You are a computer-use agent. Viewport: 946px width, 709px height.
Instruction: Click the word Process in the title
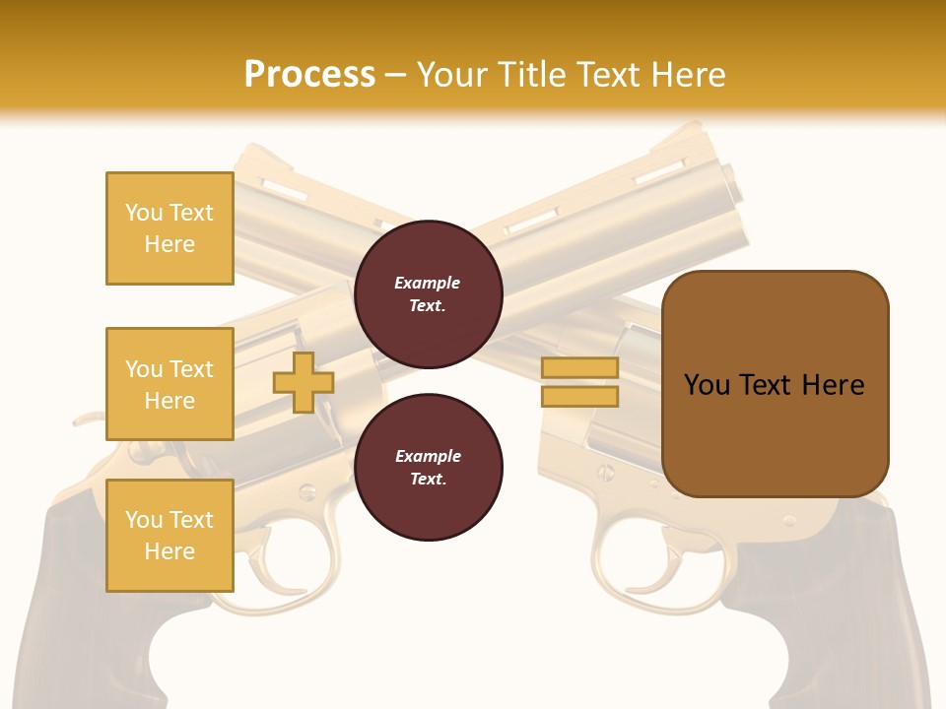coord(309,74)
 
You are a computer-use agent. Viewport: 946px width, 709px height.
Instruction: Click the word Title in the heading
coord(536,74)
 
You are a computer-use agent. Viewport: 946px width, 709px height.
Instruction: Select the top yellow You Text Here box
coord(169,228)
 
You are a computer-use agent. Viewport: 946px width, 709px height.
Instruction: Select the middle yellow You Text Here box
coord(169,384)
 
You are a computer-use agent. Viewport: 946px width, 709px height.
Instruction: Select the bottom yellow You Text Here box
coord(169,536)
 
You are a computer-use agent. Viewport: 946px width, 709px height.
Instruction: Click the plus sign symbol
coord(304,382)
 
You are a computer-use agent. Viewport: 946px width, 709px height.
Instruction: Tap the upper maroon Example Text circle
coord(428,293)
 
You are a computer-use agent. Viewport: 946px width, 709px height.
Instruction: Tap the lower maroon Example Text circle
coord(428,467)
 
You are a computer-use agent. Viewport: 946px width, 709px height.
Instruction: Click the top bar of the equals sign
coord(579,368)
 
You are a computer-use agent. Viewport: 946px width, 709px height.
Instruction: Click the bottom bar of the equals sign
coord(579,396)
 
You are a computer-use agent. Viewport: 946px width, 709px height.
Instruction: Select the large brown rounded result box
coord(775,384)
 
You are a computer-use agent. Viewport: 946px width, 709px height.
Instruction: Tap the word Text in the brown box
coord(774,384)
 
